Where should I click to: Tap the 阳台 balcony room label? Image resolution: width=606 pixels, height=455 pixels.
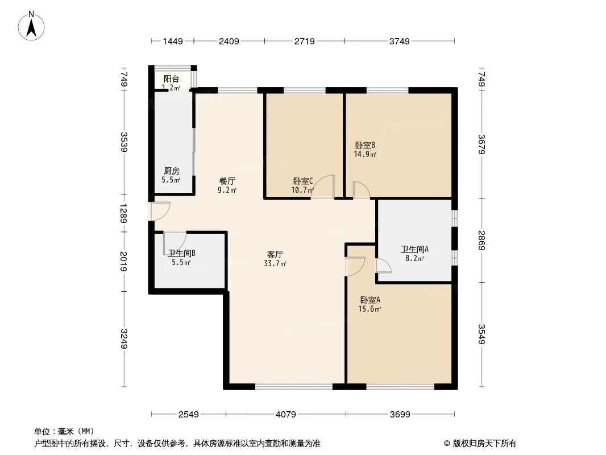[x=171, y=79]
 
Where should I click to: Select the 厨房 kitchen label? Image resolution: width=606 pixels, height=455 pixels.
[x=171, y=171]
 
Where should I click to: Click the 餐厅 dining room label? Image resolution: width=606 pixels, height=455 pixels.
[x=227, y=181]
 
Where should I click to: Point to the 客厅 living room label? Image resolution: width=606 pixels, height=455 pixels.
[x=275, y=254]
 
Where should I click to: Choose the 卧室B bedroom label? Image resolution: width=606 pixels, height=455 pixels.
[x=365, y=146]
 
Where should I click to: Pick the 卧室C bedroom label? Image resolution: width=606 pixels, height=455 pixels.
[x=303, y=181]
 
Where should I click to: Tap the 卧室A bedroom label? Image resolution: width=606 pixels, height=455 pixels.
[x=370, y=300]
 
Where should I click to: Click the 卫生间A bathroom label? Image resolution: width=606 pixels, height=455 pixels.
[x=414, y=249]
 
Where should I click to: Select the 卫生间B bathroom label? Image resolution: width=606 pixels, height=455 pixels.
[x=182, y=253]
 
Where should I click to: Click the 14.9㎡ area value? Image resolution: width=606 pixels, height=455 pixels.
[x=365, y=154]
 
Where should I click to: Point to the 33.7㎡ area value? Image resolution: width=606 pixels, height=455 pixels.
[x=275, y=264]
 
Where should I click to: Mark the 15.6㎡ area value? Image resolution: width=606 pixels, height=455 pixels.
[x=370, y=309]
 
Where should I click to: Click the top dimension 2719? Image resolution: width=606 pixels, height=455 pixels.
[x=305, y=41]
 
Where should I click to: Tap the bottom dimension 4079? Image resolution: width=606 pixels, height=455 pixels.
[x=285, y=415]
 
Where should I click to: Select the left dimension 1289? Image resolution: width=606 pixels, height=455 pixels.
[x=124, y=213]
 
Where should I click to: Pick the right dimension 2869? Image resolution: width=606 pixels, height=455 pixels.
[x=482, y=241]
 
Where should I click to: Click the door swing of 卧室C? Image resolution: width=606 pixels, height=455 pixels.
[x=323, y=187]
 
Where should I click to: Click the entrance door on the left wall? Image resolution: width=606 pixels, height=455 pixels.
[x=159, y=211]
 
